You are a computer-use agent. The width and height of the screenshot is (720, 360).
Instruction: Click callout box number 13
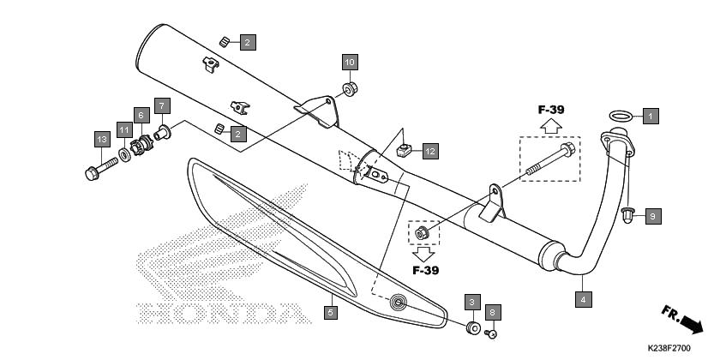102,139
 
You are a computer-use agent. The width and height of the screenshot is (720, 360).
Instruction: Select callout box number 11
124,130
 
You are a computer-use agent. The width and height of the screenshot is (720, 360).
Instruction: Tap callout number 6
141,115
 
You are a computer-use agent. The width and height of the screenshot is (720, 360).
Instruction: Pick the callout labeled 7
162,106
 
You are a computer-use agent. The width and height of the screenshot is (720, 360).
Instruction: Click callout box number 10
350,62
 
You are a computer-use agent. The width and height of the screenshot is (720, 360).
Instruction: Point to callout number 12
430,151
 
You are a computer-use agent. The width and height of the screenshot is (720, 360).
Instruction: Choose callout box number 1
651,116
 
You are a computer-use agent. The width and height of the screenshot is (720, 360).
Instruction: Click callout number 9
653,216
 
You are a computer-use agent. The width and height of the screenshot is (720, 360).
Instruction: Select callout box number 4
583,299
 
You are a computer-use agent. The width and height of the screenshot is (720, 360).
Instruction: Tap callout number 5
330,312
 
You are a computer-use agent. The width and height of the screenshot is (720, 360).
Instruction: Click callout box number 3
472,302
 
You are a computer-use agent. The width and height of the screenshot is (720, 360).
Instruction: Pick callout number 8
493,312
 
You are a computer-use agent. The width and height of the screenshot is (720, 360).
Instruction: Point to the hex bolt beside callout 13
102,169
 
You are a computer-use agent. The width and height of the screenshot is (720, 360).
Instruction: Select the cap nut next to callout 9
627,215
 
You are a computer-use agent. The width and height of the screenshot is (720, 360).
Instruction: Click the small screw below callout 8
490,333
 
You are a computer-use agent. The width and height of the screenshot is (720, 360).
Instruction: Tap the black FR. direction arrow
691,324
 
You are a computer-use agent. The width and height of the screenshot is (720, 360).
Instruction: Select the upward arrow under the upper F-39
550,125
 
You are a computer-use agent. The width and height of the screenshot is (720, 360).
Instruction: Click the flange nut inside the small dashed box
422,233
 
